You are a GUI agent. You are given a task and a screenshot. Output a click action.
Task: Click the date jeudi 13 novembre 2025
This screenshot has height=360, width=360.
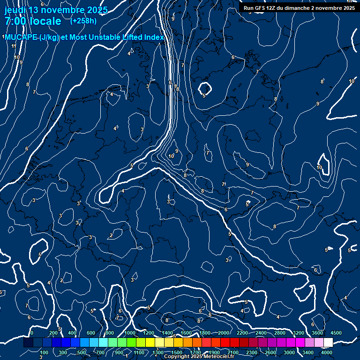(56, 10)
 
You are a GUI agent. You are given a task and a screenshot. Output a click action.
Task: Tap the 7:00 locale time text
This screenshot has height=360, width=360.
(33, 22)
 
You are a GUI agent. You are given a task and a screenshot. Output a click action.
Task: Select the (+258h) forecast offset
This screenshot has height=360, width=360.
(83, 21)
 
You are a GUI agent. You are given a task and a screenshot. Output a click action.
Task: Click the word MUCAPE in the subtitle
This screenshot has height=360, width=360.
(22, 37)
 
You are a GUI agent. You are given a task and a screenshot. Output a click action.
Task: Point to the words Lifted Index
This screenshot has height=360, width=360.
(142, 37)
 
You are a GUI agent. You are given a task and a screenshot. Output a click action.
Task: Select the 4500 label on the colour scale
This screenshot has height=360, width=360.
(336, 333)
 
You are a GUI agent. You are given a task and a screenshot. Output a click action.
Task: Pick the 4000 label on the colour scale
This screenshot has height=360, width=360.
(327, 352)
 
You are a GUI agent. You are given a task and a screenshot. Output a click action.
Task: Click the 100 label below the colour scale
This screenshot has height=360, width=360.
(44, 352)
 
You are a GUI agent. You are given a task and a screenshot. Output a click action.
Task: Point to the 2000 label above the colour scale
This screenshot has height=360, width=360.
(223, 333)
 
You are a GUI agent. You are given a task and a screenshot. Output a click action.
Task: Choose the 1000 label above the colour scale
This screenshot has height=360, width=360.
(129, 333)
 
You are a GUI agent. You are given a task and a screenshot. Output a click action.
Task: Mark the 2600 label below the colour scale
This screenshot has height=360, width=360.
(270, 352)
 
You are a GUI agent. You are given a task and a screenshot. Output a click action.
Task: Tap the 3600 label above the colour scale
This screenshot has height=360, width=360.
(317, 333)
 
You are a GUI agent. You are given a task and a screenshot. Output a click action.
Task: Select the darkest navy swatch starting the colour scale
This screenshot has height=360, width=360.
(28, 343)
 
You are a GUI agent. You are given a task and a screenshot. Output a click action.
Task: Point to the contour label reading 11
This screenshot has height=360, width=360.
(14, 46)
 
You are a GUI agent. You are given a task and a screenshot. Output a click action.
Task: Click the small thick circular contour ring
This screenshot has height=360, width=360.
(204, 88)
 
